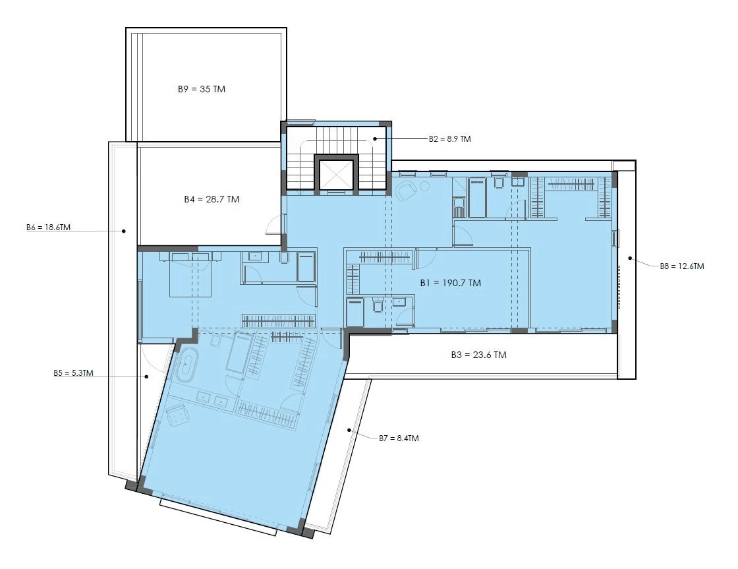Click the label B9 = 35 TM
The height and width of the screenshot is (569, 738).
[202, 89]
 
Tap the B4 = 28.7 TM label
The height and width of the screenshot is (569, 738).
[212, 199]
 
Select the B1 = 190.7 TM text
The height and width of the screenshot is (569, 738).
[451, 283]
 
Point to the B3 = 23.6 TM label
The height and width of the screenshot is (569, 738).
[478, 355]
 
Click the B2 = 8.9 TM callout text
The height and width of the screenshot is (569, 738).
[449, 139]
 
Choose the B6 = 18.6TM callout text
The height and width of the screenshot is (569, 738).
[49, 227]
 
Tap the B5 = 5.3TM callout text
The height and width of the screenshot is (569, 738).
[73, 373]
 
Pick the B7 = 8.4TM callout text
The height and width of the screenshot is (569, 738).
[399, 438]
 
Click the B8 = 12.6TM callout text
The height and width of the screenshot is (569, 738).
[682, 266]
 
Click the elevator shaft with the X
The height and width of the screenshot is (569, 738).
[337, 173]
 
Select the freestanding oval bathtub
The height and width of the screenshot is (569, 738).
[188, 364]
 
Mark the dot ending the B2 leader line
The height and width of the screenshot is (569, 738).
[375, 138]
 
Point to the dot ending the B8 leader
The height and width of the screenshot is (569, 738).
[630, 258]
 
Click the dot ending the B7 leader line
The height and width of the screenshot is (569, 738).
[349, 430]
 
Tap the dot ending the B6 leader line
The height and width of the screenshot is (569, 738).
[124, 231]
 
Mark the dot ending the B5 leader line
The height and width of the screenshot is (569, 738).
[146, 376]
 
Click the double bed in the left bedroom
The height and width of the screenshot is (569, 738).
[190, 274]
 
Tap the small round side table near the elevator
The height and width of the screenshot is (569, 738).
[426, 185]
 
